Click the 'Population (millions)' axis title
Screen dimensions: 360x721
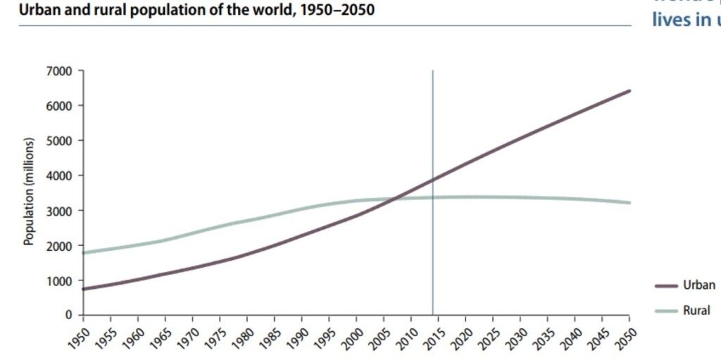(x=29, y=192)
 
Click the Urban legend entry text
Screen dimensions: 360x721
(x=698, y=285)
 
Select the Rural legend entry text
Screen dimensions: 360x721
(x=696, y=309)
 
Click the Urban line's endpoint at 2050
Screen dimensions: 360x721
(x=629, y=91)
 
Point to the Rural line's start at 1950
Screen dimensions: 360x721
(x=83, y=252)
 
